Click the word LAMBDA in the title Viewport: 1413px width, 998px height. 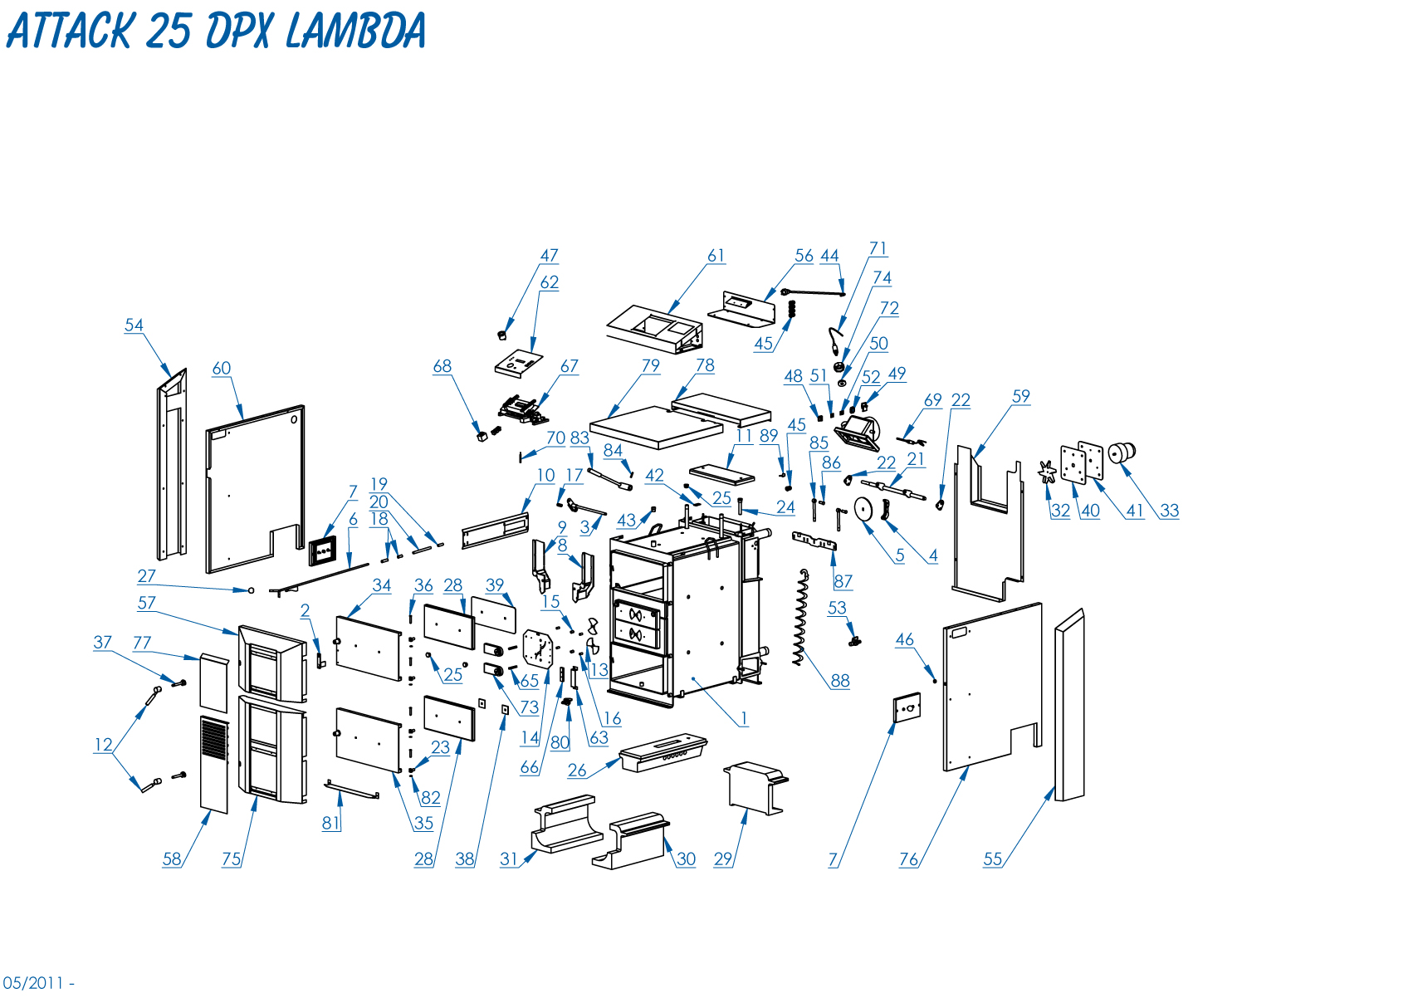[356, 32]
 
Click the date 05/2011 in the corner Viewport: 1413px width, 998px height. [33, 983]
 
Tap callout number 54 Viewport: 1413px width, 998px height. [134, 325]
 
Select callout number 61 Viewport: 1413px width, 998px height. [716, 256]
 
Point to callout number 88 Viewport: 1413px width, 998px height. [840, 681]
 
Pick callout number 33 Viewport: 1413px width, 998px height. [1169, 511]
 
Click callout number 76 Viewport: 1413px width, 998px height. [908, 859]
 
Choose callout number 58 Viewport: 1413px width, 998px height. [171, 859]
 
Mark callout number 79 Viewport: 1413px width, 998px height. [650, 365]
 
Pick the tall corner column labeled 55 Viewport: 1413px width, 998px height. [1069, 706]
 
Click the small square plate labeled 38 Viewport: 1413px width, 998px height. [504, 709]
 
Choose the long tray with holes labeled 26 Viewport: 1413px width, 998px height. [662, 752]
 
